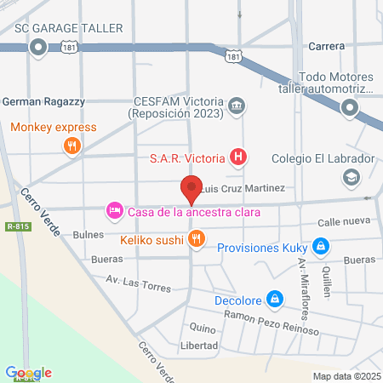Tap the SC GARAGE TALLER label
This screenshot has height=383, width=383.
tap(70, 27)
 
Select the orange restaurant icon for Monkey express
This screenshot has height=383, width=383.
tap(72, 146)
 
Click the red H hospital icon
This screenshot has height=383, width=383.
tap(240, 157)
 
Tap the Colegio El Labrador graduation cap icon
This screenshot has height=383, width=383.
tap(350, 177)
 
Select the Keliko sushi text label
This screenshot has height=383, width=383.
tap(153, 239)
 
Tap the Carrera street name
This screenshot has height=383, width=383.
tap(327, 46)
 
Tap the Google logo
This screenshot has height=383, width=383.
tap(28, 372)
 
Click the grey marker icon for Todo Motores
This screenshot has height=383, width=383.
tap(350, 107)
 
